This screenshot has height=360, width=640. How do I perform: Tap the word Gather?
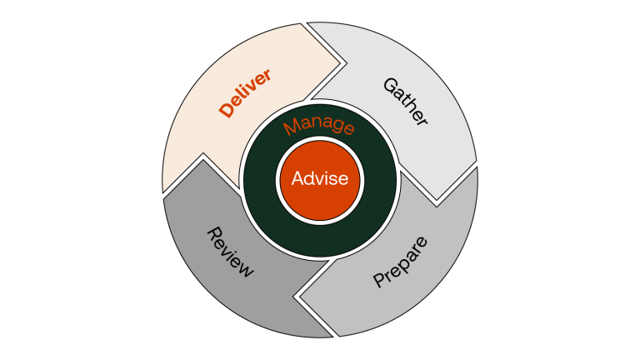coord(405,102)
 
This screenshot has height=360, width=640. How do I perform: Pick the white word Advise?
coord(320,178)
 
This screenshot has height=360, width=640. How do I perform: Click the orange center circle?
coord(320,193)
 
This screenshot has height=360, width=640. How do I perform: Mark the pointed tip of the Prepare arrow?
coord(297,294)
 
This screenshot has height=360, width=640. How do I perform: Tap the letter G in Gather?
coord(388,85)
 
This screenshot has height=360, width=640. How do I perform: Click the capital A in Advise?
coord(298,178)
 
